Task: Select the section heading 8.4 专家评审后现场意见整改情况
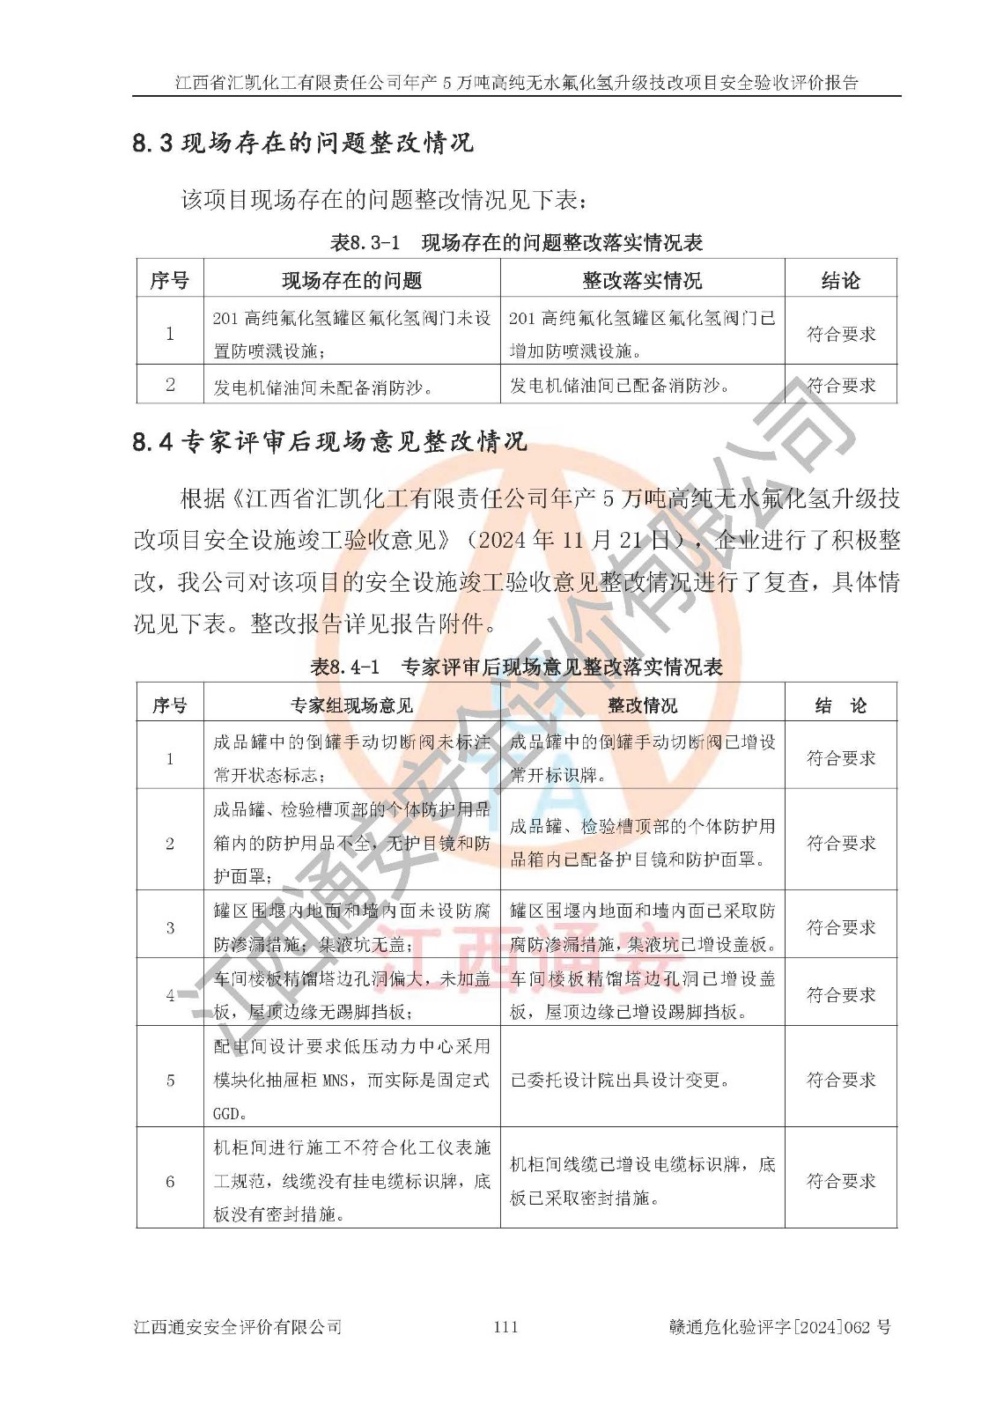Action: pyautogui.click(x=329, y=441)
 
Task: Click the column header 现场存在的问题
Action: pyautogui.click(x=351, y=281)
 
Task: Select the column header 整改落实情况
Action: pyautogui.click(x=642, y=281)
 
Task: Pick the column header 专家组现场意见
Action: pyautogui.click(x=351, y=705)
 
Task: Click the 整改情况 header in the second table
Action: pyautogui.click(x=642, y=705)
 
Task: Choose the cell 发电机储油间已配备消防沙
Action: pyautogui.click(x=620, y=386)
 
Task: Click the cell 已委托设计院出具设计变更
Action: pyautogui.click(x=621, y=1081)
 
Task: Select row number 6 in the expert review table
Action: pyautogui.click(x=170, y=1182)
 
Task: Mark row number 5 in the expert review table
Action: pyautogui.click(x=170, y=1081)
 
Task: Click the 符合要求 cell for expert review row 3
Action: pyautogui.click(x=841, y=927)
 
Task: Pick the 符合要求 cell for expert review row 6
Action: pyautogui.click(x=841, y=1182)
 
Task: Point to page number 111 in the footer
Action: pyautogui.click(x=505, y=1327)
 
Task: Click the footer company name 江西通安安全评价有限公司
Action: pyautogui.click(x=238, y=1327)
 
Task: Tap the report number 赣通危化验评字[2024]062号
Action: pyautogui.click(x=779, y=1327)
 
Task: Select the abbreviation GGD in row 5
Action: pyautogui.click(x=226, y=1114)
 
